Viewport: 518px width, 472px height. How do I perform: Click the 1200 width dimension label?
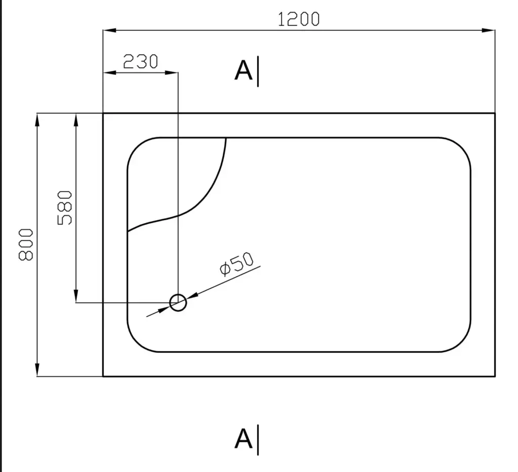(x=298, y=19)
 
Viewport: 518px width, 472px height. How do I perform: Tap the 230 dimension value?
(x=141, y=61)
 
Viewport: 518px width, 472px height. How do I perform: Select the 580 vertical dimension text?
(x=65, y=208)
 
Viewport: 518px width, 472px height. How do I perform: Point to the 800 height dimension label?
(x=26, y=244)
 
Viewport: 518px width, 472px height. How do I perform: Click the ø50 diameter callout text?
(x=237, y=264)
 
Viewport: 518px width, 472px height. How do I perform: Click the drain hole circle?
(x=178, y=294)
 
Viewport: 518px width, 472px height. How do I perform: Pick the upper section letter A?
(x=243, y=71)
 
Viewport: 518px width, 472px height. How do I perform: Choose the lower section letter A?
(x=243, y=439)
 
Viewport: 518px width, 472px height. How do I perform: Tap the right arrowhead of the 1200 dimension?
(x=488, y=30)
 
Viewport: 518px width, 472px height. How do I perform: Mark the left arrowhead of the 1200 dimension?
(x=110, y=30)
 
